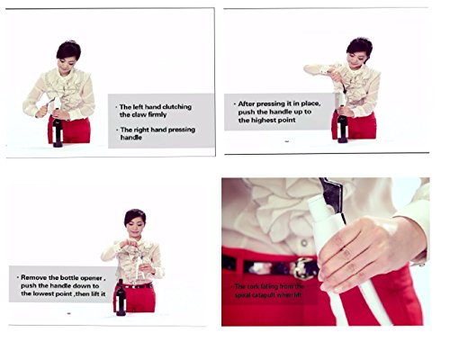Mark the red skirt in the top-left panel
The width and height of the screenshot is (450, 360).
click(76, 130)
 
